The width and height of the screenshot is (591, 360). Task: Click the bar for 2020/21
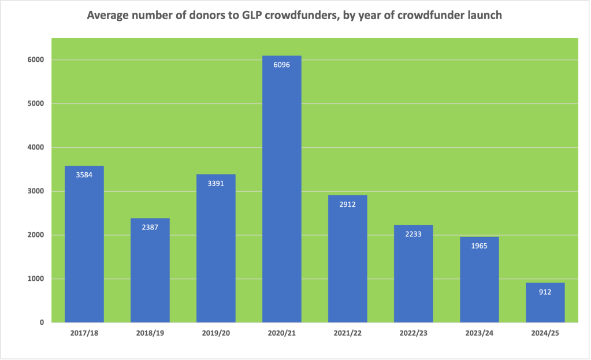click(x=281, y=191)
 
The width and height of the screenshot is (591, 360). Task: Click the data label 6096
click(x=281, y=65)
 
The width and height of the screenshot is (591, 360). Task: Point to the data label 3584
click(x=84, y=175)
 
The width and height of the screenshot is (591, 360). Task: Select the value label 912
click(x=545, y=292)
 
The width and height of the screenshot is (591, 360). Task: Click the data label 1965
click(x=479, y=246)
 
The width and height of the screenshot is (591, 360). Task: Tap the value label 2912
click(x=347, y=204)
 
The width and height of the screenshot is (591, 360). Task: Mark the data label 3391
click(x=215, y=183)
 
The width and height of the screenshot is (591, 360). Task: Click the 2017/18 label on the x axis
click(x=84, y=333)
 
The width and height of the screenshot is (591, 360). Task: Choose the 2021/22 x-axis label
click(x=347, y=333)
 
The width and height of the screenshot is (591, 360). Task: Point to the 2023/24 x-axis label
click(x=479, y=333)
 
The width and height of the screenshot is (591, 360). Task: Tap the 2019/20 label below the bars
click(x=215, y=333)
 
